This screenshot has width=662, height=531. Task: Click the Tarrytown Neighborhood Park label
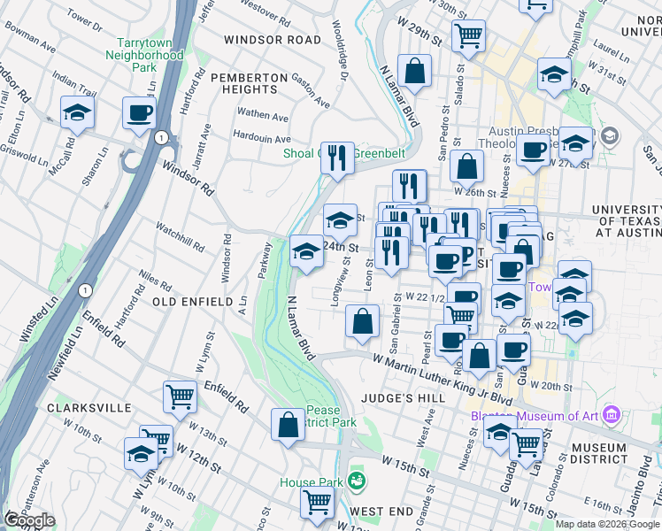point(150,55)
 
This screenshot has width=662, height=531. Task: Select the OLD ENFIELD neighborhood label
point(193,302)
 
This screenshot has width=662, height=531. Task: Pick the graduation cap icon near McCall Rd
point(78,112)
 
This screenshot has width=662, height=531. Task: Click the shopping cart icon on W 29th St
point(467,35)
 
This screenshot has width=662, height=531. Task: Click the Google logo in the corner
point(30,520)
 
